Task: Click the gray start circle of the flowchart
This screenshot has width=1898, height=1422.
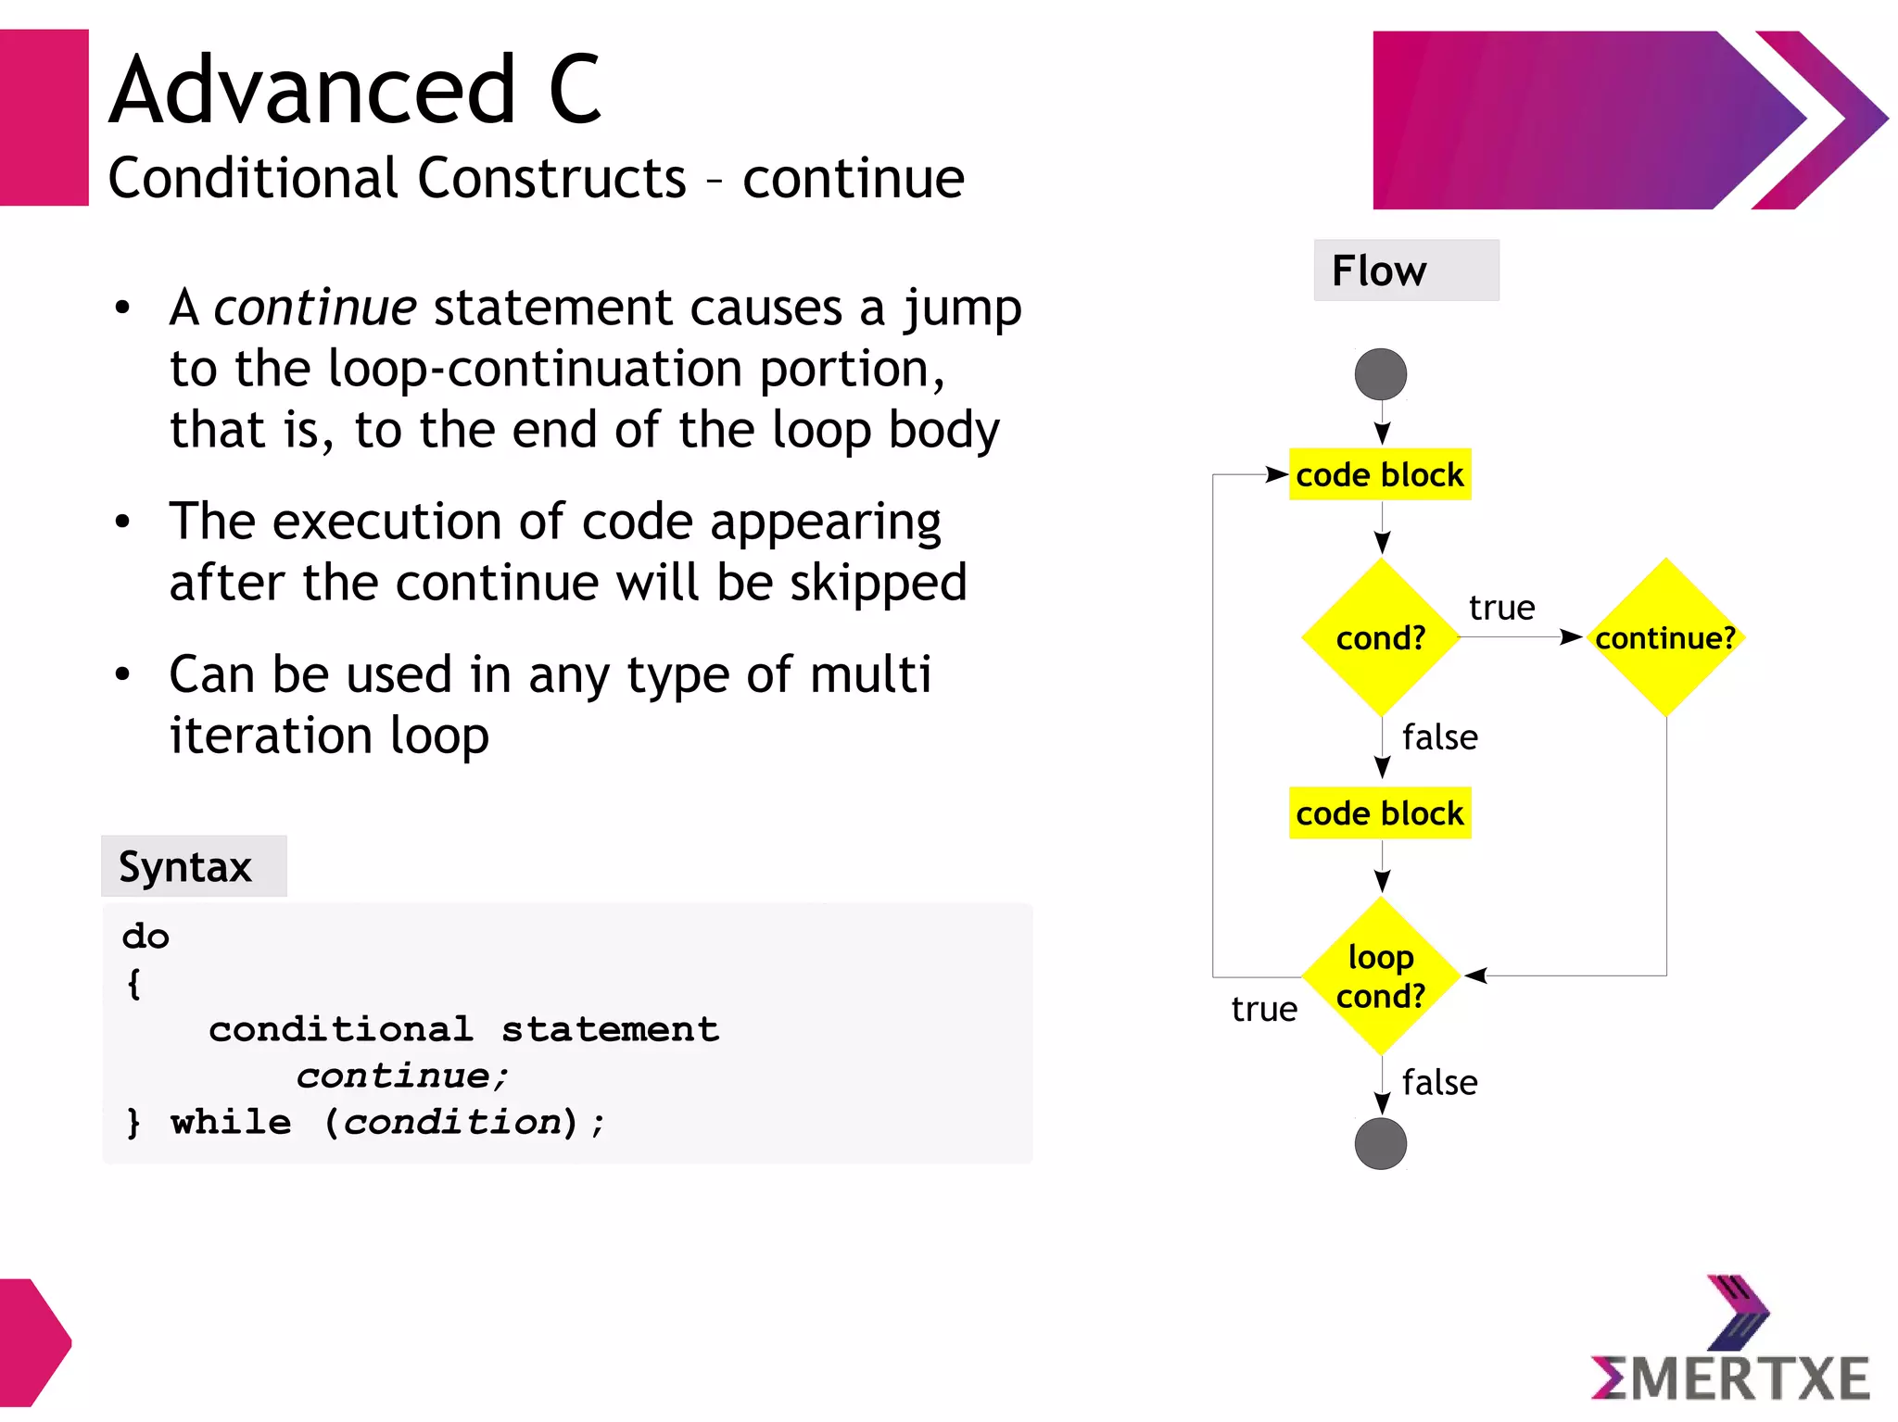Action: click(1380, 374)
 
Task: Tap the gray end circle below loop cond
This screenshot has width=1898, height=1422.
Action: click(1380, 1143)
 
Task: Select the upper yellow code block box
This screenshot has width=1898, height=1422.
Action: click(1379, 475)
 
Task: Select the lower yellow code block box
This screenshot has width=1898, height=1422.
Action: click(1379, 813)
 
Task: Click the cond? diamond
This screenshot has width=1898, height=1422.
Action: click(1380, 637)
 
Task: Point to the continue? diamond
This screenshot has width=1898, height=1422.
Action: click(1664, 637)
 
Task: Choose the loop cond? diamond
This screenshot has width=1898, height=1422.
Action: click(1380, 975)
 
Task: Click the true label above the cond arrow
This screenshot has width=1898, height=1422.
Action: click(1501, 608)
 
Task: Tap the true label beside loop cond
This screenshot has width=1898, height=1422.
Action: click(1263, 1009)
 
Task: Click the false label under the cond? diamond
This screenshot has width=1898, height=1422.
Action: click(1439, 737)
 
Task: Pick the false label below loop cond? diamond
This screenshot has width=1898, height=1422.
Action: click(1439, 1082)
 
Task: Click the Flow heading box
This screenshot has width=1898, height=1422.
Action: click(1405, 271)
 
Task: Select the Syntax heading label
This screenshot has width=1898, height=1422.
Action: click(186, 867)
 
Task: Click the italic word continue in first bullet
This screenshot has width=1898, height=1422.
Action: click(315, 308)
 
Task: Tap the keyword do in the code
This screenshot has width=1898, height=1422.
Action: click(146, 937)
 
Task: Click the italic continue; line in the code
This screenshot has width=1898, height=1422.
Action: click(402, 1076)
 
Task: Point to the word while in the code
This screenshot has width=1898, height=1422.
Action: click(231, 1122)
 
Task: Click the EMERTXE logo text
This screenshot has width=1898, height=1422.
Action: click(1731, 1378)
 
